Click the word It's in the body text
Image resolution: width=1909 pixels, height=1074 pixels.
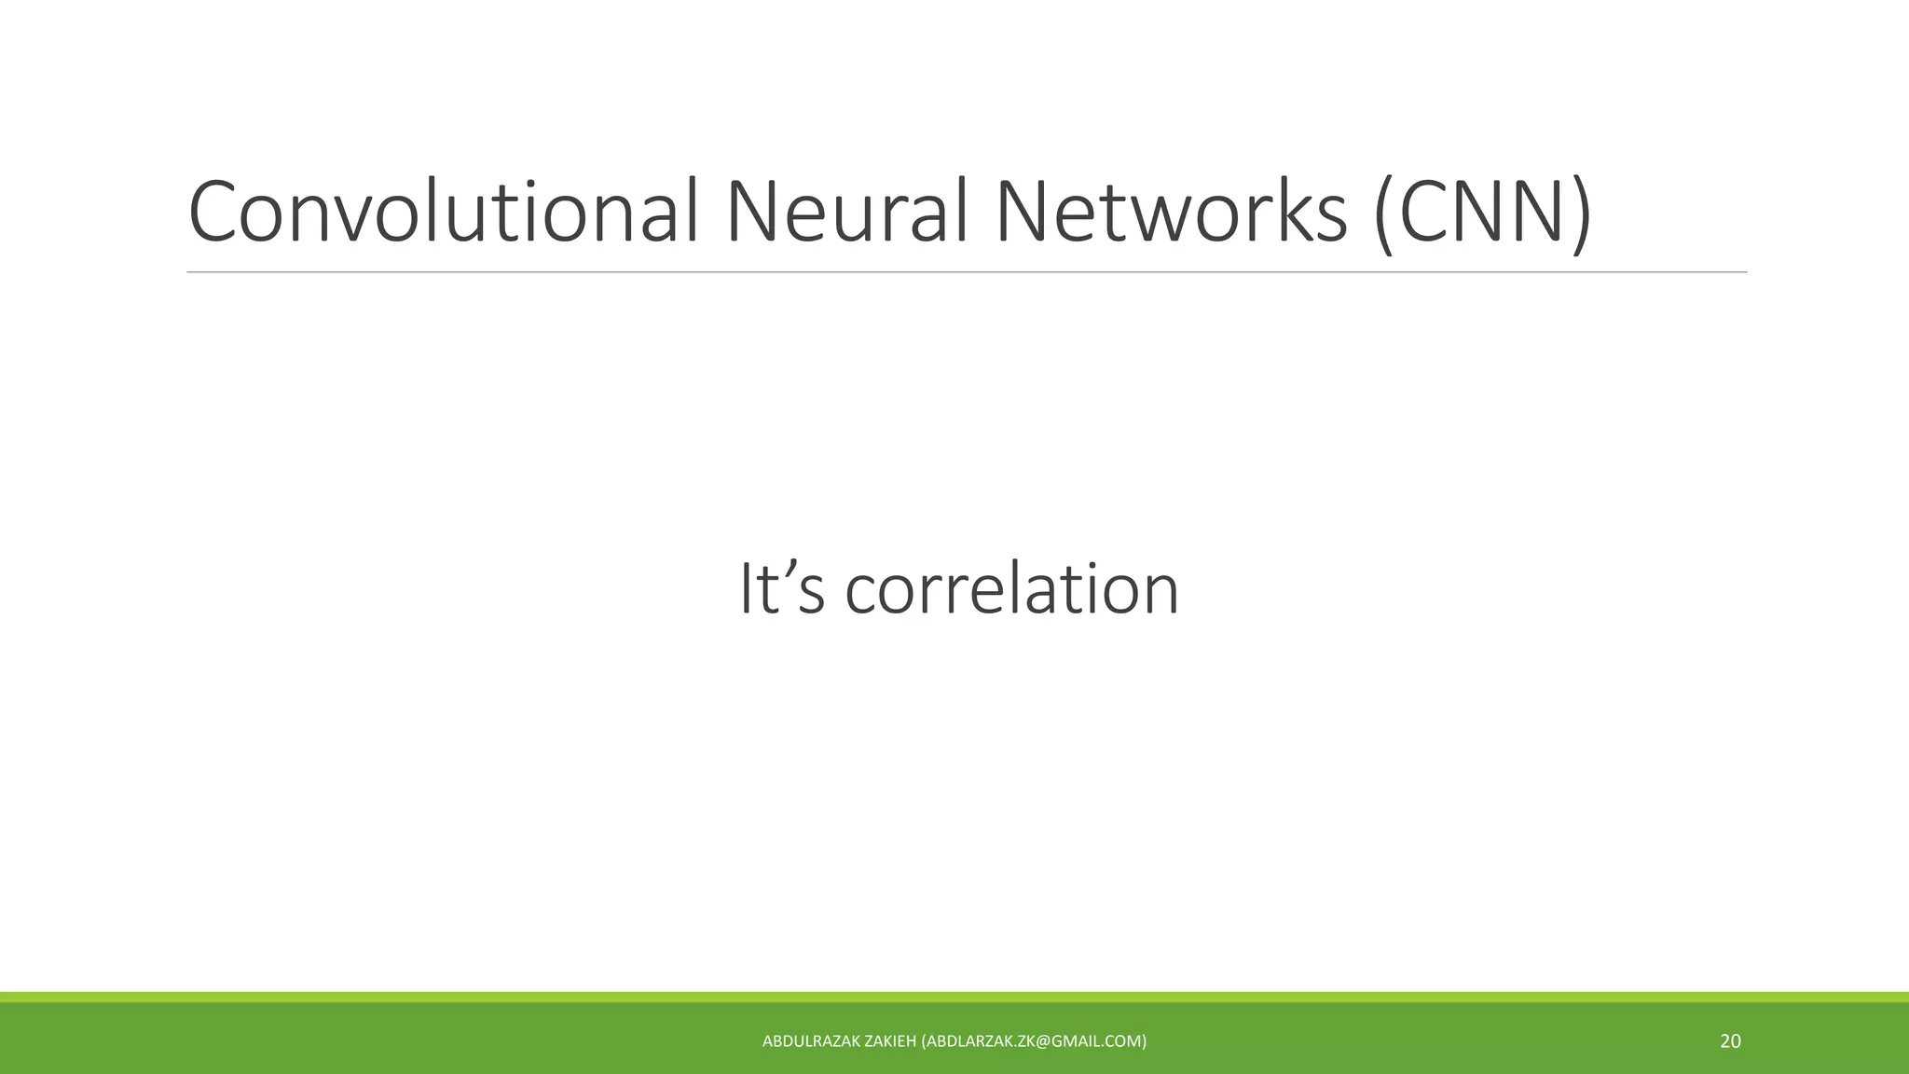click(781, 589)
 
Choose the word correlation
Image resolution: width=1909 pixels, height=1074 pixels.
click(1012, 589)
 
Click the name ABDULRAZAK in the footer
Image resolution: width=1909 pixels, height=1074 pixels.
click(811, 1041)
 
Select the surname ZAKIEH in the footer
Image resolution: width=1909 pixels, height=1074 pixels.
click(890, 1041)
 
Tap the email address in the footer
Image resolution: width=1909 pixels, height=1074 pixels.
click(1034, 1041)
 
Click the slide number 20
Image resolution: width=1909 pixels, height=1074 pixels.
click(1730, 1041)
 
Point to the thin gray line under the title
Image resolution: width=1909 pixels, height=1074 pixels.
click(967, 272)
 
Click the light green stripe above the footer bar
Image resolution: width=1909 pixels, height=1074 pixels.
click(954, 997)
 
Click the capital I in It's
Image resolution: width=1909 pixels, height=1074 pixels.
click(747, 589)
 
